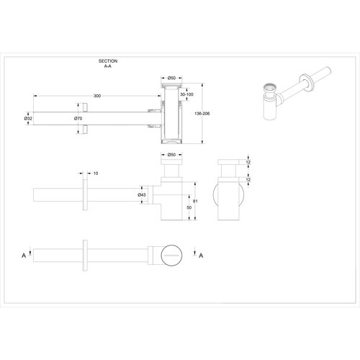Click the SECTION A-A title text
109,65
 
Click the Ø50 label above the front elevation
171,154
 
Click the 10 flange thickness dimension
96,173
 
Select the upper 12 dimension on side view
249,163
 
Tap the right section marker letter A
200,255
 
